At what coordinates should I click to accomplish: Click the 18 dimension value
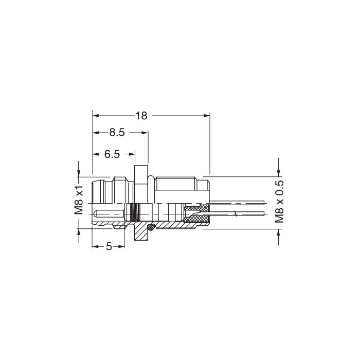tap(141, 116)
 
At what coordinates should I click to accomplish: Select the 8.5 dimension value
tap(117, 133)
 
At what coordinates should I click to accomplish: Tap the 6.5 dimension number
tap(112, 154)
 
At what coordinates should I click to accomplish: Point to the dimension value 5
tap(109, 246)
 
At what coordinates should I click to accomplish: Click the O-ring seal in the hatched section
tap(151, 227)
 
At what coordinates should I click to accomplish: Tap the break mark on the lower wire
tap(236, 213)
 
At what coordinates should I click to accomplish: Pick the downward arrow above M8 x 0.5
tap(279, 171)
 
